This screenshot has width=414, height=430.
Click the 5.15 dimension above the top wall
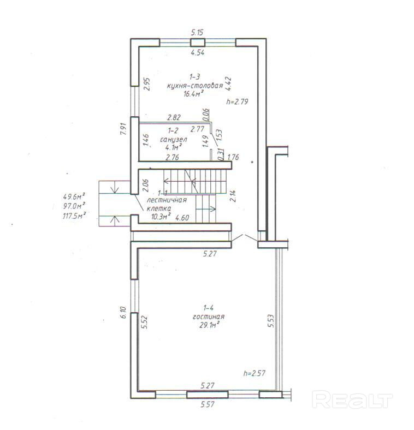coord(197,32)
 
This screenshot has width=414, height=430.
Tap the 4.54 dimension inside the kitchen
coord(198,52)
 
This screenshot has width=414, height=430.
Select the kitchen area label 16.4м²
coord(193,94)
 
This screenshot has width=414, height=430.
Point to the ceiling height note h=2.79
coord(237,101)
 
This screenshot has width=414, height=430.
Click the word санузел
coord(174,140)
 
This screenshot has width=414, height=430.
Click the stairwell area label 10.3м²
coord(161,217)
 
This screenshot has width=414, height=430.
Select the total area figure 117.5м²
coord(74,216)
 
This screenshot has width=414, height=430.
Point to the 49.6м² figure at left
coord(74,196)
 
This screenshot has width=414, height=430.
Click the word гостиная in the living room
coord(209,316)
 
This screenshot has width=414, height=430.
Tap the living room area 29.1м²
coord(209,325)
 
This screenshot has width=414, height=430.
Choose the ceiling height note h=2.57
coord(254,373)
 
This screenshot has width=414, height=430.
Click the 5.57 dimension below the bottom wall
coord(208,404)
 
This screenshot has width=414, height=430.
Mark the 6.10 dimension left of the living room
coord(123,312)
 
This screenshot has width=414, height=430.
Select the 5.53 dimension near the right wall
coord(271,321)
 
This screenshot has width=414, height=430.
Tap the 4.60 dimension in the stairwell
coord(182,218)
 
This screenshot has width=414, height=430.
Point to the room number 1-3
coord(194,77)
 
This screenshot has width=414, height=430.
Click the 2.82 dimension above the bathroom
coord(174,117)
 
